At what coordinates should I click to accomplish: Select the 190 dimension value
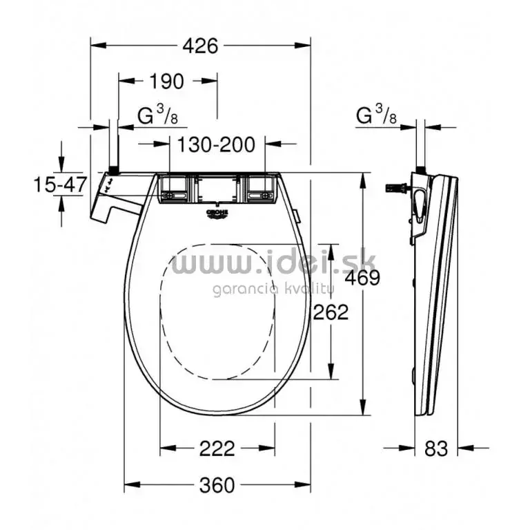(166, 82)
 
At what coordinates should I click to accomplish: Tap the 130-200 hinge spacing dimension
(216, 144)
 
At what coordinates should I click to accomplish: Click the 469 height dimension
(364, 278)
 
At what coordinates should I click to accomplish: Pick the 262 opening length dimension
(331, 312)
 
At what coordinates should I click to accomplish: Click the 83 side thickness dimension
(436, 448)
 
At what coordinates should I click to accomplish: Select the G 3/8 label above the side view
(376, 116)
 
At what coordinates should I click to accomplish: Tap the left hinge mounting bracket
(173, 189)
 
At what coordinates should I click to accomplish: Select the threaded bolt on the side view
(397, 187)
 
